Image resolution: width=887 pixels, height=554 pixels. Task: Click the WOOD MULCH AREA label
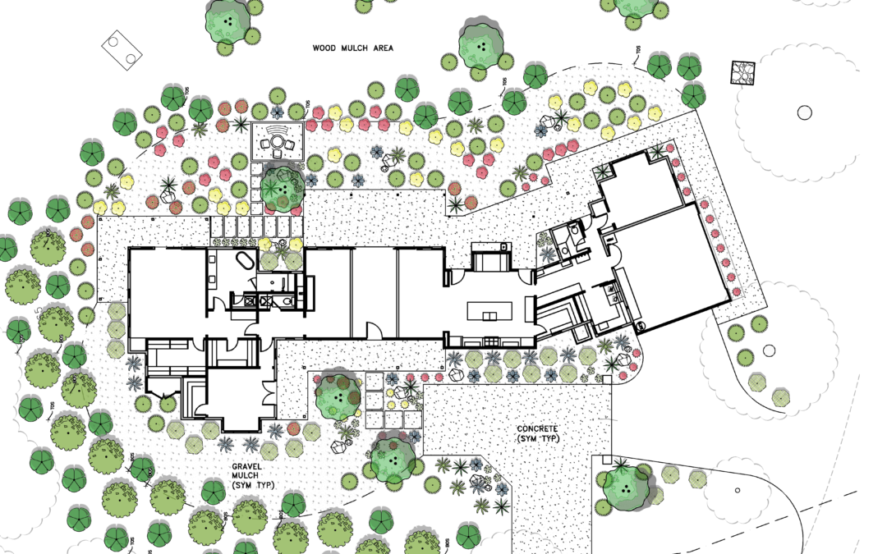[352, 48]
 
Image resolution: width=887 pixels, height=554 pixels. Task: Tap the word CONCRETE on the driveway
[538, 429]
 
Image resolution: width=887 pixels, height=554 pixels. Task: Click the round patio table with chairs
[278, 144]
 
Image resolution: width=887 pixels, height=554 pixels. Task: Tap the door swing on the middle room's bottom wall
[375, 331]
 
